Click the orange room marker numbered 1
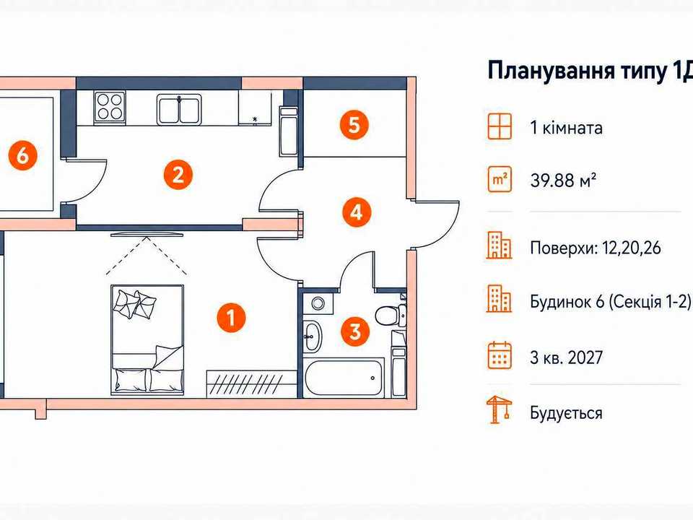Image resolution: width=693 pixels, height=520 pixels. [231, 318]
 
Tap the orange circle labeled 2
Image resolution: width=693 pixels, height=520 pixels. [178, 175]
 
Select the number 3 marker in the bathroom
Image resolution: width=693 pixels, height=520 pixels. [355, 331]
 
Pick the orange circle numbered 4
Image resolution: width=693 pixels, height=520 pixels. [357, 212]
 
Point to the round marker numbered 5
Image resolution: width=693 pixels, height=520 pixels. [354, 125]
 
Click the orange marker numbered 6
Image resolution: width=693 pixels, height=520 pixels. [22, 156]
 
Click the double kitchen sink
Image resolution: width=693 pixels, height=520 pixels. [179, 109]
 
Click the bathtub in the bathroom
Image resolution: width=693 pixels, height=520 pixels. [344, 378]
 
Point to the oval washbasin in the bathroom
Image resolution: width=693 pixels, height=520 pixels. [313, 337]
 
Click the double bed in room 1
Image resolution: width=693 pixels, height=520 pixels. [147, 339]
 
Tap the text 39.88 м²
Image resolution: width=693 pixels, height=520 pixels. [564, 181]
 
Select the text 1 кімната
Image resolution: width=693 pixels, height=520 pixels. [566, 128]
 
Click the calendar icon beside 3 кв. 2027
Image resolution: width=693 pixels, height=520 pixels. [500, 355]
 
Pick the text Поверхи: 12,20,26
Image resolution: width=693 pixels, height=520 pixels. [596, 248]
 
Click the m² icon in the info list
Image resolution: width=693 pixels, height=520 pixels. [500, 180]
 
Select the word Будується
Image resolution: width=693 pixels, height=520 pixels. [566, 412]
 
